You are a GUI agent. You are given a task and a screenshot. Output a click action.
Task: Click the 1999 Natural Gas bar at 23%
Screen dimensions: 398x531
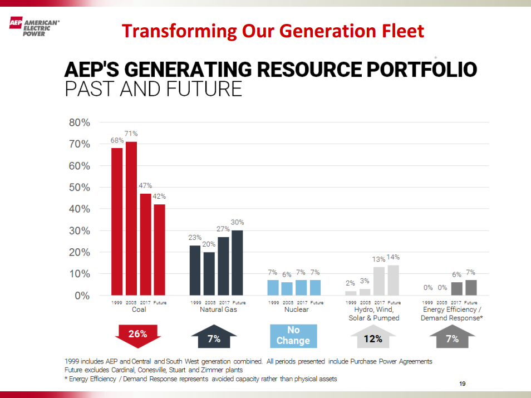pyautogui.click(x=195, y=270)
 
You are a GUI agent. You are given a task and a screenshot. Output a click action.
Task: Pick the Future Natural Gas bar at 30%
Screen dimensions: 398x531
pyautogui.click(x=238, y=262)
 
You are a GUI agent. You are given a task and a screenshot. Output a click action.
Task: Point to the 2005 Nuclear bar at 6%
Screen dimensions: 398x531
pyautogui.click(x=287, y=288)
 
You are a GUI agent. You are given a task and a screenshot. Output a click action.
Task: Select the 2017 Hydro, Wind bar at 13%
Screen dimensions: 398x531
pyautogui.click(x=379, y=281)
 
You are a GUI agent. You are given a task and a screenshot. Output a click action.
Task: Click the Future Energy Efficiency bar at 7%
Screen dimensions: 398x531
pyautogui.click(x=471, y=287)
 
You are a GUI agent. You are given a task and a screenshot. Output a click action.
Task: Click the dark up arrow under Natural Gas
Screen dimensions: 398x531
pyautogui.click(x=214, y=338)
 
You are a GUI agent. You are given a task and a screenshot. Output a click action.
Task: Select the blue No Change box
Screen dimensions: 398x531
pyautogui.click(x=293, y=336)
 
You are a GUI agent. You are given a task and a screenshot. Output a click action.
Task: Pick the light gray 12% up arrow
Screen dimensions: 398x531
pyautogui.click(x=373, y=338)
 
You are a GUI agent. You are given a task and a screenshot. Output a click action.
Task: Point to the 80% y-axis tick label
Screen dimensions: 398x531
pyautogui.click(x=79, y=122)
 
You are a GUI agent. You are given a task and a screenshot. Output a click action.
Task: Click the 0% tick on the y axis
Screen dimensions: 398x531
pyautogui.click(x=82, y=296)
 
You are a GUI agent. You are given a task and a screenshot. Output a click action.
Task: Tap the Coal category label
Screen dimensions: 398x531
pyautogui.click(x=139, y=310)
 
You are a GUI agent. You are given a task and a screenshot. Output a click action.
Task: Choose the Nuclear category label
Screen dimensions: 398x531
pyautogui.click(x=296, y=310)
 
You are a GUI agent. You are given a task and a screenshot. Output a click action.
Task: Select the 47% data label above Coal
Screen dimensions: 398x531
pyautogui.click(x=145, y=186)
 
